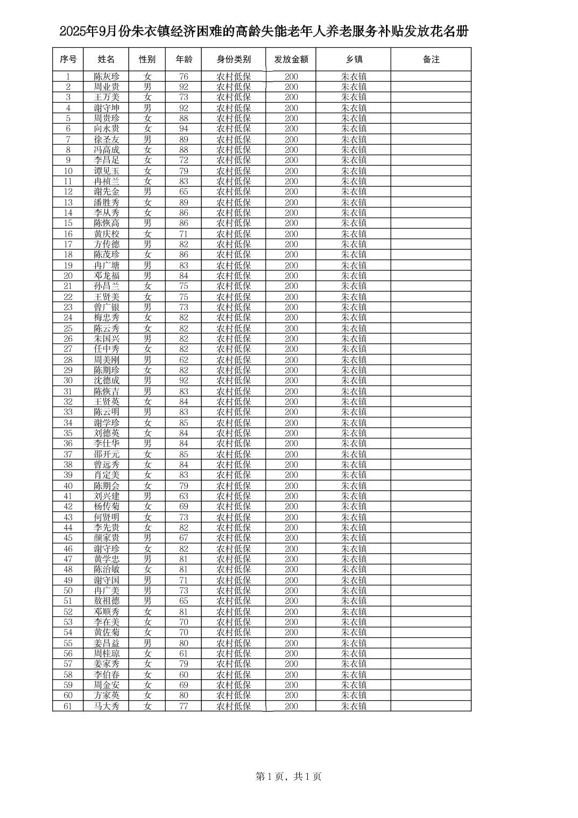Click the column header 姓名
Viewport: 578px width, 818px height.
click(x=106, y=59)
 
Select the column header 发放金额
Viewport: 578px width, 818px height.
click(x=291, y=59)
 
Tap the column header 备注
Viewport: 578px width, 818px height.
click(x=431, y=59)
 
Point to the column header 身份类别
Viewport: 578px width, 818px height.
click(x=234, y=59)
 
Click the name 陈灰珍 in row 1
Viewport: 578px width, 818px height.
click(x=107, y=76)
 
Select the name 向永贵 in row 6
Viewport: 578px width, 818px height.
click(x=107, y=129)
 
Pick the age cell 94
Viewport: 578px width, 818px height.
click(x=184, y=129)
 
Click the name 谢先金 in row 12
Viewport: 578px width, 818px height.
click(x=107, y=192)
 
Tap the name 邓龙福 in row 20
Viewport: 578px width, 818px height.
click(x=107, y=276)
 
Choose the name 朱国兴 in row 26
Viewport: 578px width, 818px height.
click(x=107, y=339)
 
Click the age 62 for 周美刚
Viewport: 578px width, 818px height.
click(x=184, y=359)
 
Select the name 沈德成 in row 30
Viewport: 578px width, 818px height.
click(x=107, y=380)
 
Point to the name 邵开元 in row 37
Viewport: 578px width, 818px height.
click(x=107, y=454)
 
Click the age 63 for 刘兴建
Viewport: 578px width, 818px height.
click(x=184, y=496)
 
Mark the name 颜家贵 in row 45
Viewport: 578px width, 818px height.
click(x=107, y=538)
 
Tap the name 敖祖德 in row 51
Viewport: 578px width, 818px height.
click(x=107, y=601)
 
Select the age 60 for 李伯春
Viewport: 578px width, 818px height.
click(x=184, y=675)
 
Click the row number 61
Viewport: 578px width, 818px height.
click(x=68, y=706)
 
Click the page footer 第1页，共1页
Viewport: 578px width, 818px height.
click(x=288, y=777)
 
